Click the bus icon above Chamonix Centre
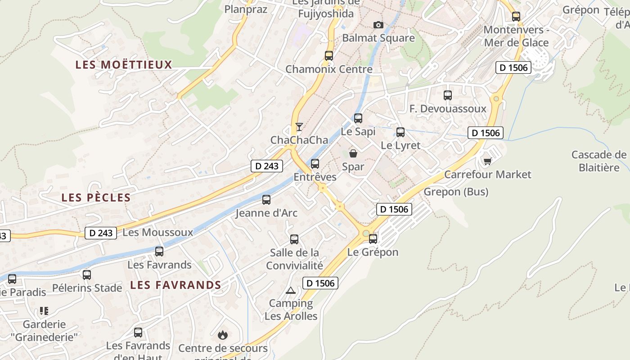[329, 56]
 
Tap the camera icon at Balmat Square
[378, 25]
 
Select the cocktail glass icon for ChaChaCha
[299, 127]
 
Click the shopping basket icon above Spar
[353, 153]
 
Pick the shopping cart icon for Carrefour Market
[487, 161]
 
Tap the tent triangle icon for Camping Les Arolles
[290, 290]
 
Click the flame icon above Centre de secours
[222, 335]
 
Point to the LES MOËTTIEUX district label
[124, 65]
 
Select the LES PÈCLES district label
[96, 198]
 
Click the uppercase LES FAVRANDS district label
[175, 285]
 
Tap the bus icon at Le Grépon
[373, 239]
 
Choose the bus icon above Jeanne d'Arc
[266, 200]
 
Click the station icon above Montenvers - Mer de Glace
[516, 17]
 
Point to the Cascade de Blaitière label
[598, 161]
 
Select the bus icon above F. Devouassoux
[447, 95]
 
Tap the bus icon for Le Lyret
[400, 132]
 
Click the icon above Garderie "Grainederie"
[44, 311]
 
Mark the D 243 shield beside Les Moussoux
[101, 233]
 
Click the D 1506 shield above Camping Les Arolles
[320, 283]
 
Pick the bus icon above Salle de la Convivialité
[294, 239]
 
